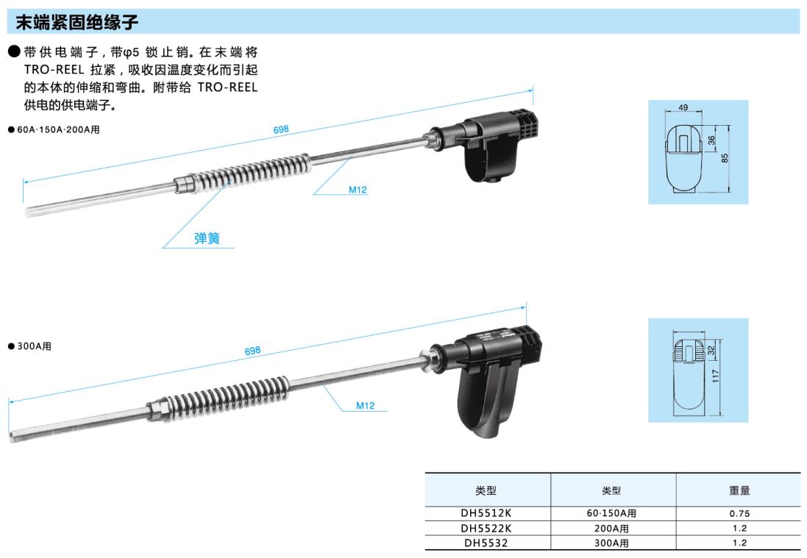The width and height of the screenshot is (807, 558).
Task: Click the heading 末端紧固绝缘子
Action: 77,22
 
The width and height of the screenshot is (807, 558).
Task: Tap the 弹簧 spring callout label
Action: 207,238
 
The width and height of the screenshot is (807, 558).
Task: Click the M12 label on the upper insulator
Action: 358,190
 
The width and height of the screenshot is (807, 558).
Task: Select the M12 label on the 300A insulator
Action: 366,406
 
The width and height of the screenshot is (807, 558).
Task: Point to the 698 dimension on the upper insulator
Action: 281,129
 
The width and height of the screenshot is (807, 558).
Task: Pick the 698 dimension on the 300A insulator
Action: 253,351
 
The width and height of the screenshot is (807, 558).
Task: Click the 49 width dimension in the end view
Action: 683,107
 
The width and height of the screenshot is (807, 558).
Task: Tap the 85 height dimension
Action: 725,158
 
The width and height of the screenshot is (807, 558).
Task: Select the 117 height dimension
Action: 715,376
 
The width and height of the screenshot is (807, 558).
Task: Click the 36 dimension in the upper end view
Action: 711,140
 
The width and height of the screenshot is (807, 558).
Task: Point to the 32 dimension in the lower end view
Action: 711,350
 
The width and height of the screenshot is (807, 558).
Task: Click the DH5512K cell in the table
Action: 486,512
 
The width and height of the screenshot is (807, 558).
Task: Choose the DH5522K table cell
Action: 486,528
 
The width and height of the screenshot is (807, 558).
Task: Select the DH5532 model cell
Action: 486,543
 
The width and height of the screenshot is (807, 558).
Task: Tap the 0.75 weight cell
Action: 739,513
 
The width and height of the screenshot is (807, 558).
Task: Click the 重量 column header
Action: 739,490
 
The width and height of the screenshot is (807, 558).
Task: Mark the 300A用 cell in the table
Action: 611,543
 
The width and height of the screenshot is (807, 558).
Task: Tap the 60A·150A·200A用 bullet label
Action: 54,129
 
